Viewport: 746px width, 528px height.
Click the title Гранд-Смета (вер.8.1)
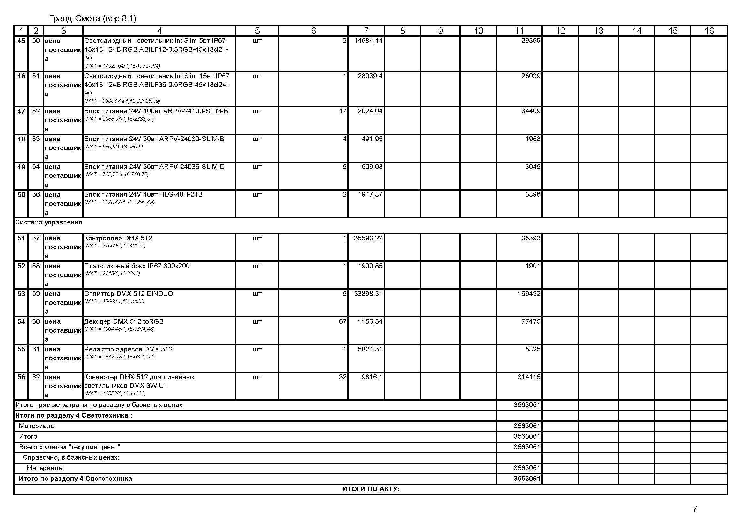92,19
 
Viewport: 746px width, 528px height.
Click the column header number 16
709,31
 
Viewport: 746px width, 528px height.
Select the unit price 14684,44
368,41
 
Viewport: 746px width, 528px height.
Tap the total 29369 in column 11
531,41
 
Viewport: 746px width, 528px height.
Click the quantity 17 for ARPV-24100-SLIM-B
343,111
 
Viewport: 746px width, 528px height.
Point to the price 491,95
372,139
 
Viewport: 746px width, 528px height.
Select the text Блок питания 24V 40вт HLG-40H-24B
143,194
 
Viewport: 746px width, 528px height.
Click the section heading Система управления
49,223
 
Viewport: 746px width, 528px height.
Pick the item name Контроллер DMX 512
118,238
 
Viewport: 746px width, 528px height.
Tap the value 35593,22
368,238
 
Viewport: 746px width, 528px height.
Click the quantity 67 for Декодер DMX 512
343,321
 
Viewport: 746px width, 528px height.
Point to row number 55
21,349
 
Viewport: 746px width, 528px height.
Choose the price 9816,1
372,377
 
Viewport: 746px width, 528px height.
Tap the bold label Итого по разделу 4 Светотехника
75,479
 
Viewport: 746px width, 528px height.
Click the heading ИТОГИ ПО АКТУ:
370,489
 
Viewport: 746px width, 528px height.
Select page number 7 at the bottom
695,509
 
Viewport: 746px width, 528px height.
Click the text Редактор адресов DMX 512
128,349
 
